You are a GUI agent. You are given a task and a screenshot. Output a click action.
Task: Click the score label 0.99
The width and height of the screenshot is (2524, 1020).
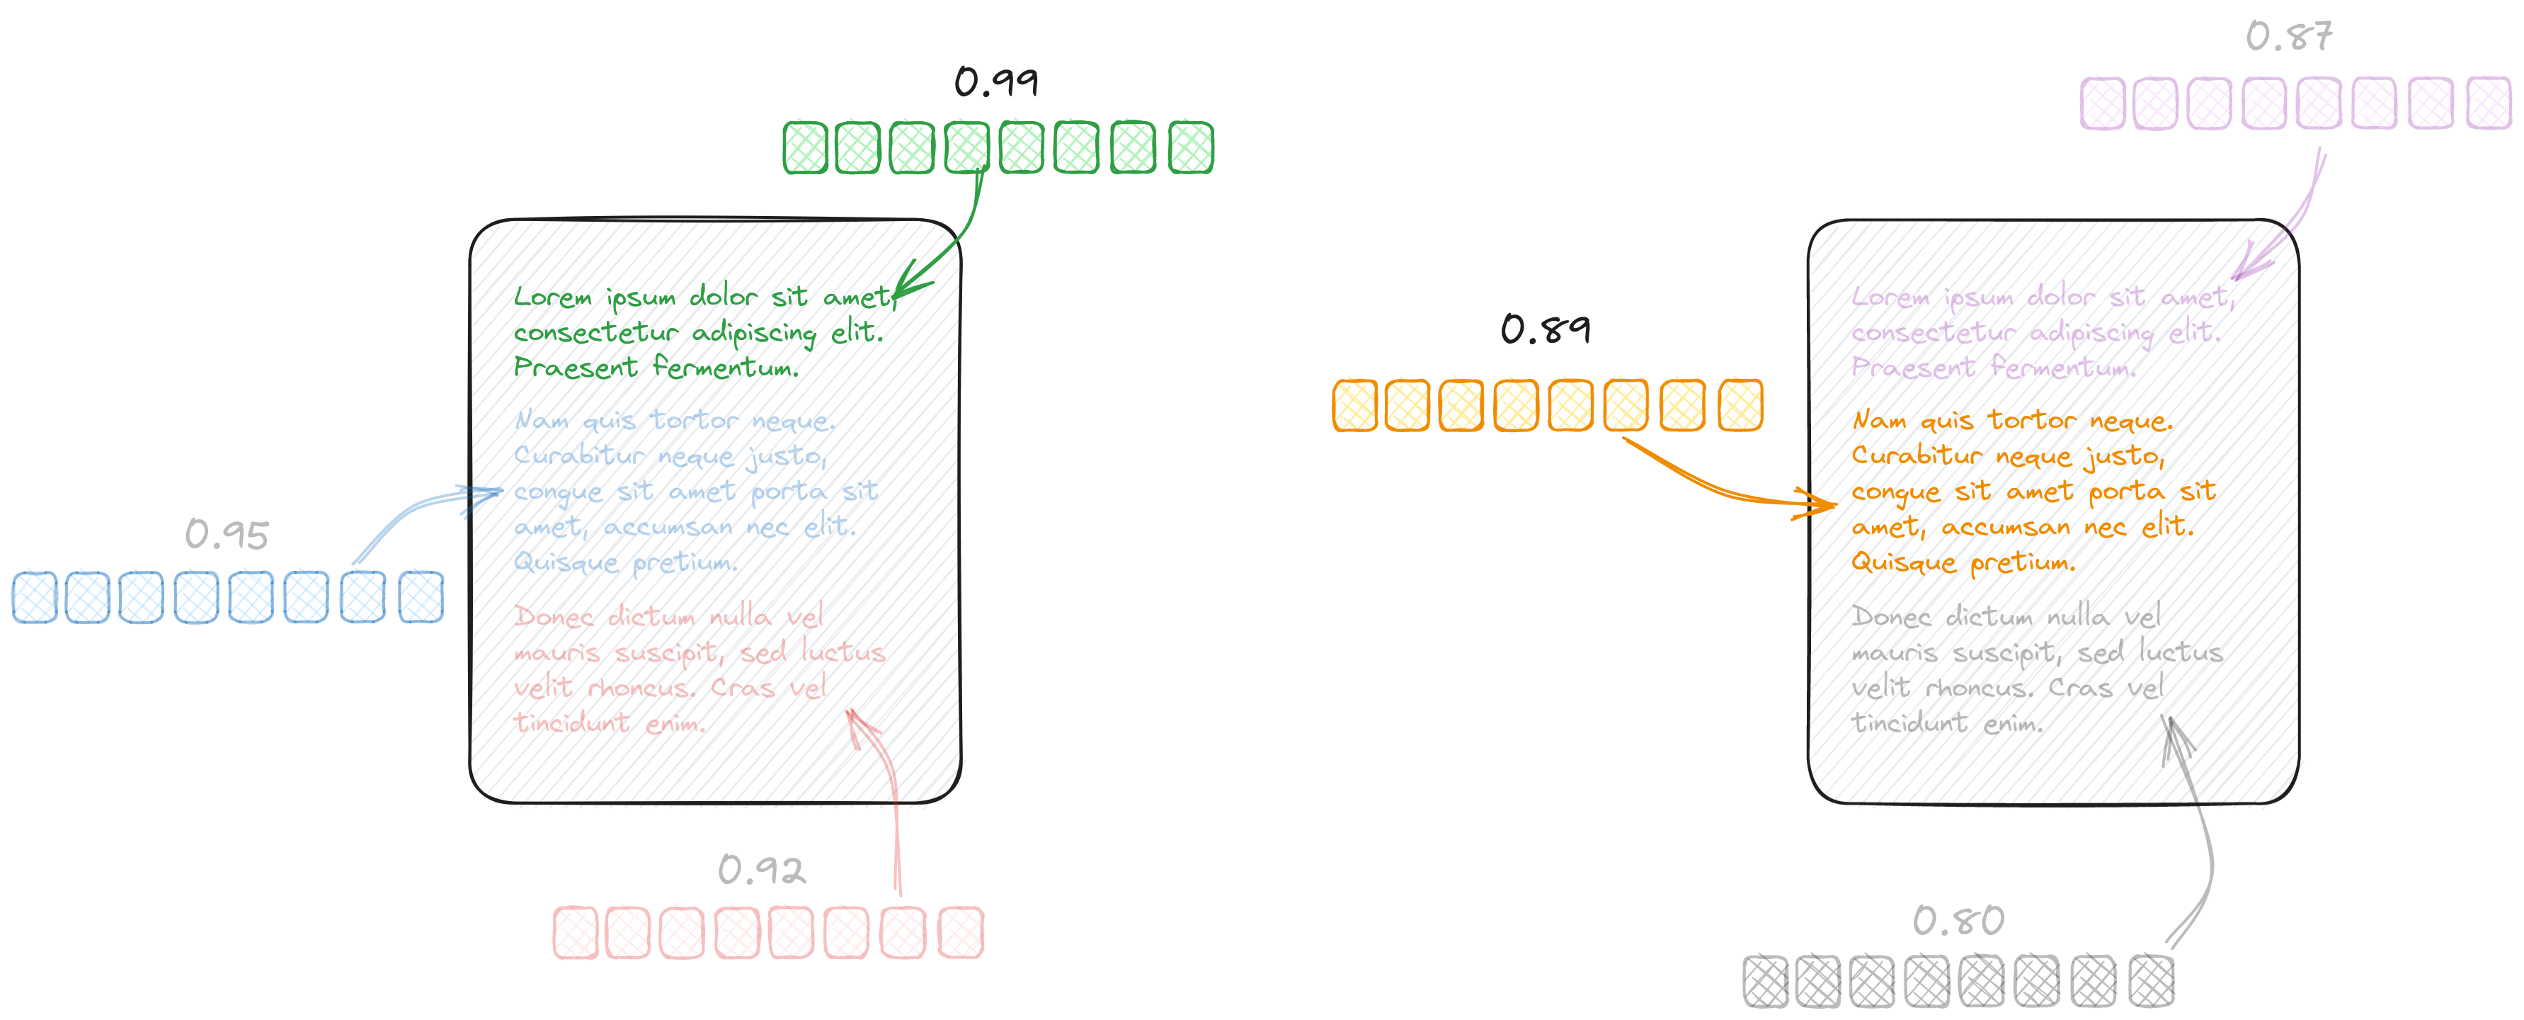pos(996,82)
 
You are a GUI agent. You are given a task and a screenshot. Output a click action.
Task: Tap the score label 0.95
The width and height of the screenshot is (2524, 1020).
pos(227,535)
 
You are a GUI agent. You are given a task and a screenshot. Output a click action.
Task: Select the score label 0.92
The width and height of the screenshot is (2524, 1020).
pos(761,870)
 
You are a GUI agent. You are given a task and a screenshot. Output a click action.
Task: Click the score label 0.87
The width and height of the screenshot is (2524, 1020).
pos(2289,38)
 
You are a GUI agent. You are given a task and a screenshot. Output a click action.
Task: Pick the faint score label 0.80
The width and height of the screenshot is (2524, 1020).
pos(1958,921)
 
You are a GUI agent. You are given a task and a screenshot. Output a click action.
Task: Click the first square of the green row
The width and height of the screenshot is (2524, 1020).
pos(806,148)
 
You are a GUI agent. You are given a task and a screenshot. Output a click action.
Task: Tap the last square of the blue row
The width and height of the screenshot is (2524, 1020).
pos(421,596)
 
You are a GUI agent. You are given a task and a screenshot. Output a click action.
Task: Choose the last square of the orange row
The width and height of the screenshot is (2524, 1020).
pos(1741,404)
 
